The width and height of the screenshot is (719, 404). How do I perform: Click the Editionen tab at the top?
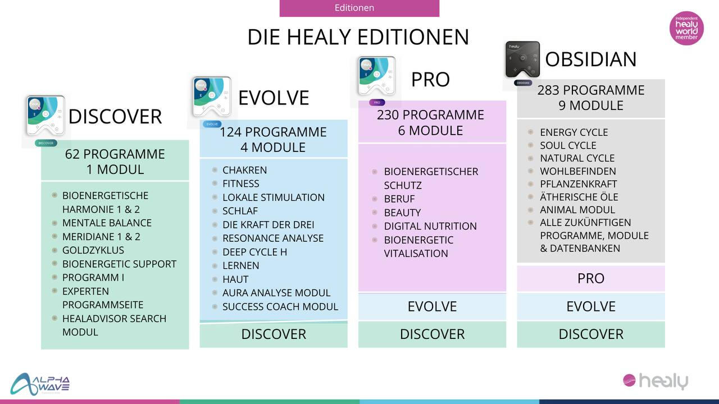(359, 8)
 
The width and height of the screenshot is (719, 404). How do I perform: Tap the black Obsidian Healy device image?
(522, 60)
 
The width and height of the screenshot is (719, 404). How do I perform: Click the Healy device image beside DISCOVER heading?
(45, 116)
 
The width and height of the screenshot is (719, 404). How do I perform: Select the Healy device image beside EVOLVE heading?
(212, 97)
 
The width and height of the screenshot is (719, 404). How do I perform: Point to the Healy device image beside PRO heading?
(377, 76)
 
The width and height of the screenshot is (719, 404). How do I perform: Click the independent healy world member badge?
(686, 28)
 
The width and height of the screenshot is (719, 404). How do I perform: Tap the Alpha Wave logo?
(40, 384)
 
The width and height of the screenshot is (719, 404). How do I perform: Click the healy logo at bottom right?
(656, 381)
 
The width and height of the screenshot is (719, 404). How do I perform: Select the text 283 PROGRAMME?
(591, 90)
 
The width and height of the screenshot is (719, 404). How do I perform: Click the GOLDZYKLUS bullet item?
(93, 250)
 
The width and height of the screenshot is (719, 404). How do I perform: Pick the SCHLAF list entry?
(240, 211)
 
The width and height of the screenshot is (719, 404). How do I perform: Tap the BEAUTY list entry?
(403, 213)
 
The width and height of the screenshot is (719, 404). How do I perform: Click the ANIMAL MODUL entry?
(577, 210)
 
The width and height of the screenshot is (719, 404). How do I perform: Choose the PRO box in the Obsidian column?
(591, 278)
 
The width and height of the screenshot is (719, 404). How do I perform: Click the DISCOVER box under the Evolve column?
(274, 334)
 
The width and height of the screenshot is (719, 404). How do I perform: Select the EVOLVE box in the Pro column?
(432, 306)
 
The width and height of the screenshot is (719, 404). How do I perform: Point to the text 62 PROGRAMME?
(115, 154)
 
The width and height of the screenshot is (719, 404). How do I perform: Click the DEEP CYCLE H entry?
(255, 252)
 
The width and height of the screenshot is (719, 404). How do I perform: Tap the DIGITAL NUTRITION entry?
(430, 226)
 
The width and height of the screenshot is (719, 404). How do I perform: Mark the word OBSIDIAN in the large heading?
(590, 59)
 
